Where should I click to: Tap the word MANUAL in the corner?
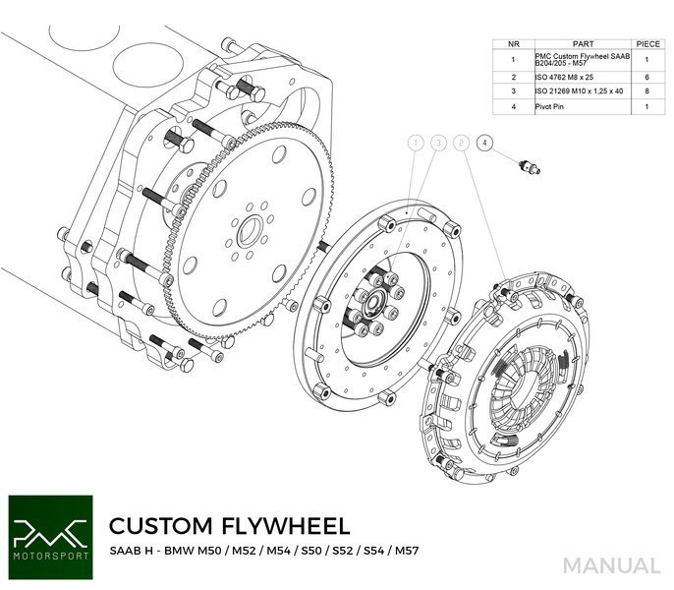(611, 565)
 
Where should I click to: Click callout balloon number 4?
(484, 143)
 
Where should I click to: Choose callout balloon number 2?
(462, 143)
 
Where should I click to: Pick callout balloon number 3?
(438, 143)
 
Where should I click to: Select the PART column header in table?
(576, 44)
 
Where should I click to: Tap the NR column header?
(513, 44)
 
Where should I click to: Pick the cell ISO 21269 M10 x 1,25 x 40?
(576, 89)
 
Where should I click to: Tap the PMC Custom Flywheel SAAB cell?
(576, 59)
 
